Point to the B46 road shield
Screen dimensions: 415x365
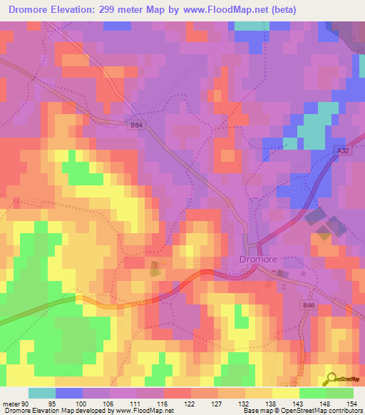309,305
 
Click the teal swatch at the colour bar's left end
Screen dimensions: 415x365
42,394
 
